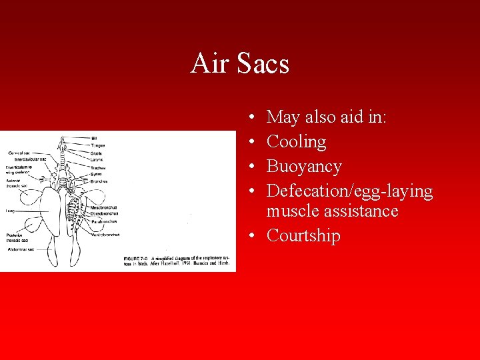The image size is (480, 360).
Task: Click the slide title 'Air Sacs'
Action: tap(239, 64)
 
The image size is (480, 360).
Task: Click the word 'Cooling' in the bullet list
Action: tap(296, 142)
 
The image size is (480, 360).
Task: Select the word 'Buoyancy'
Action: tap(303, 167)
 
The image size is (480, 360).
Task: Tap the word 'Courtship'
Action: tap(303, 236)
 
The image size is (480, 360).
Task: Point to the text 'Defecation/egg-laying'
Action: tap(349, 191)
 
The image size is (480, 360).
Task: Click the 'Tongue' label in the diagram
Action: tap(97, 145)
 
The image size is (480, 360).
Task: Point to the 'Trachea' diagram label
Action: tap(98, 168)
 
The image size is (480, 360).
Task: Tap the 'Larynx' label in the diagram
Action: tap(97, 160)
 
